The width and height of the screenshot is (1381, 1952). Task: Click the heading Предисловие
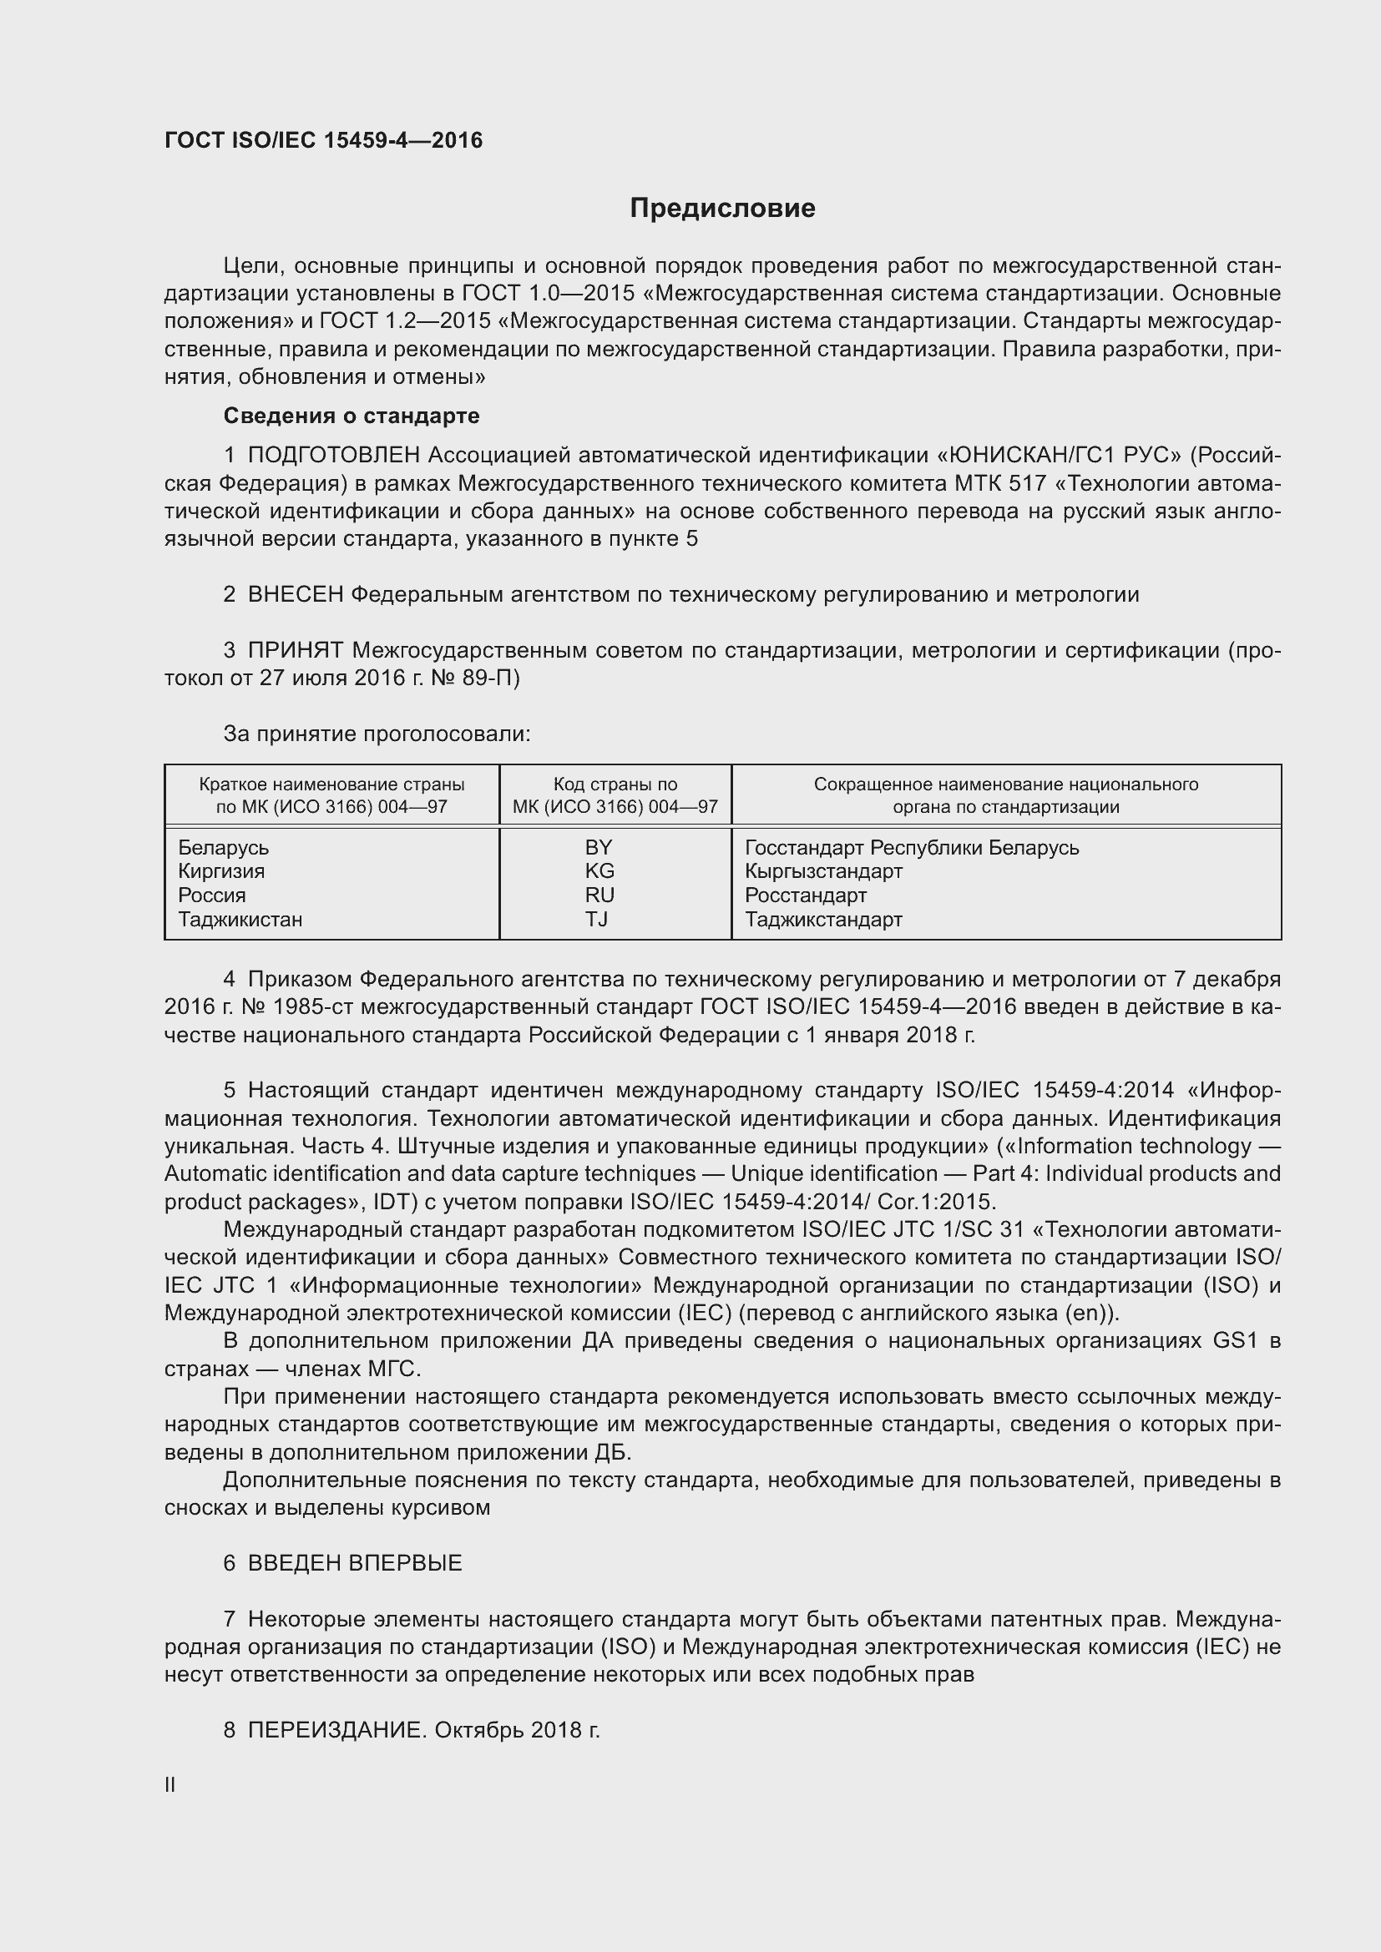click(x=722, y=209)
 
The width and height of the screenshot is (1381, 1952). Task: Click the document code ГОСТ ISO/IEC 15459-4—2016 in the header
click(x=323, y=140)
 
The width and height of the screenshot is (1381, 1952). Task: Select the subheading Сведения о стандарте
click(x=352, y=416)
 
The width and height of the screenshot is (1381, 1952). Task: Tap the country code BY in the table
click(x=599, y=848)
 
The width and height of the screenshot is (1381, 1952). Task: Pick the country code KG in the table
click(x=599, y=871)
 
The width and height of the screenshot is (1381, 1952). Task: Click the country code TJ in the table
click(x=596, y=919)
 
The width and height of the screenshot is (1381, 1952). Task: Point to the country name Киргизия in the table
click(x=221, y=871)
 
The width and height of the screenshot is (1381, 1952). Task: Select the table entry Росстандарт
click(x=805, y=895)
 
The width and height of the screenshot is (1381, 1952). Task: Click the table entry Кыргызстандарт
click(x=823, y=871)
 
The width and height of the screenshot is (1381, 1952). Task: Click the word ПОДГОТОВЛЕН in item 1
click(x=334, y=456)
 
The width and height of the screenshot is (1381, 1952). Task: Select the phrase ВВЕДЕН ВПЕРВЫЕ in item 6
click(x=355, y=1563)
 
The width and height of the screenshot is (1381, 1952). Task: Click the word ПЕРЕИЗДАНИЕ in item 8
click(x=336, y=1730)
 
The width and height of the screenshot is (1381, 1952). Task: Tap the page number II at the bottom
click(x=170, y=1785)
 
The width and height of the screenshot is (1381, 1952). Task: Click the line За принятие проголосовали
click(x=377, y=734)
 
